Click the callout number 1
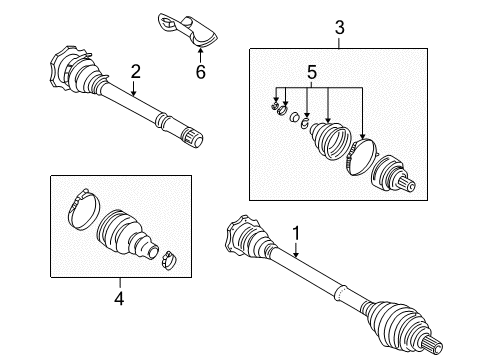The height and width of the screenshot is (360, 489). pos(296,233)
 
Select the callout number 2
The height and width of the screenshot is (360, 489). pos(135,71)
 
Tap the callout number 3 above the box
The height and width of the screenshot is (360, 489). pos(339,28)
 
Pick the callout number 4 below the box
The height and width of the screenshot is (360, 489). pos(119,298)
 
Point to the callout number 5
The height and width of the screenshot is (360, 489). pos(312,72)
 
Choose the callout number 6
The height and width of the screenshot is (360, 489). pos(201,72)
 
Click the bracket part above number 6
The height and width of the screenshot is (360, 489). pos(187,30)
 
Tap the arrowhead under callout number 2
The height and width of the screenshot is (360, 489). pos(133,94)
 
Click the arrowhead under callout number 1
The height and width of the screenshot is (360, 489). pos(296,255)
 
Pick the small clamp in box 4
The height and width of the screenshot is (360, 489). pos(169,260)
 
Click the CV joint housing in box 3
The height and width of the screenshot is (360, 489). pos(393,174)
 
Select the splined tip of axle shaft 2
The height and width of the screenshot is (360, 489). pos(192,137)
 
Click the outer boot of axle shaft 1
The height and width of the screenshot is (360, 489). pos(398,320)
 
